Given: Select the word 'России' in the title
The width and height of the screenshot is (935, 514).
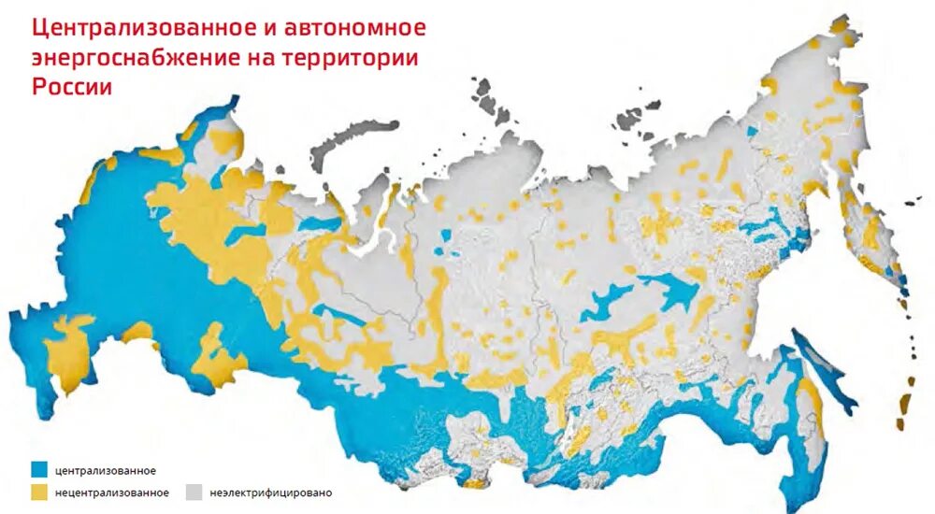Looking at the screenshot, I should (73, 87).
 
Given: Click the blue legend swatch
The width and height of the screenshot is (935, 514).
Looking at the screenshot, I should (38, 470).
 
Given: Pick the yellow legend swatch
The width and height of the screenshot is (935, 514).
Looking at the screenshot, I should (38, 492).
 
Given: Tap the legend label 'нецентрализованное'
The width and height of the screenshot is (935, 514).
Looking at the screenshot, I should (112, 492).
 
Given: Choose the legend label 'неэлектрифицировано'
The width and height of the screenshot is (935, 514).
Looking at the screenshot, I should (271, 492).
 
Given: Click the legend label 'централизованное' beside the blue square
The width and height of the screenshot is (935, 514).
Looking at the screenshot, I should (106, 470).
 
